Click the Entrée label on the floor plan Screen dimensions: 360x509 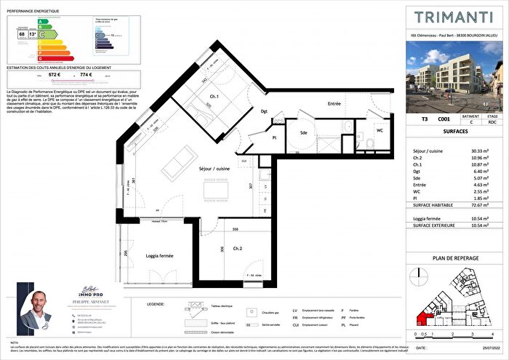click(x=334, y=105)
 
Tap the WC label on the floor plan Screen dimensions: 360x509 click(x=380, y=131)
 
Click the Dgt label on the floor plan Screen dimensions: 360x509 click(x=265, y=111)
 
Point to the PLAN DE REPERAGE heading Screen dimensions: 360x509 click(x=454, y=257)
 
